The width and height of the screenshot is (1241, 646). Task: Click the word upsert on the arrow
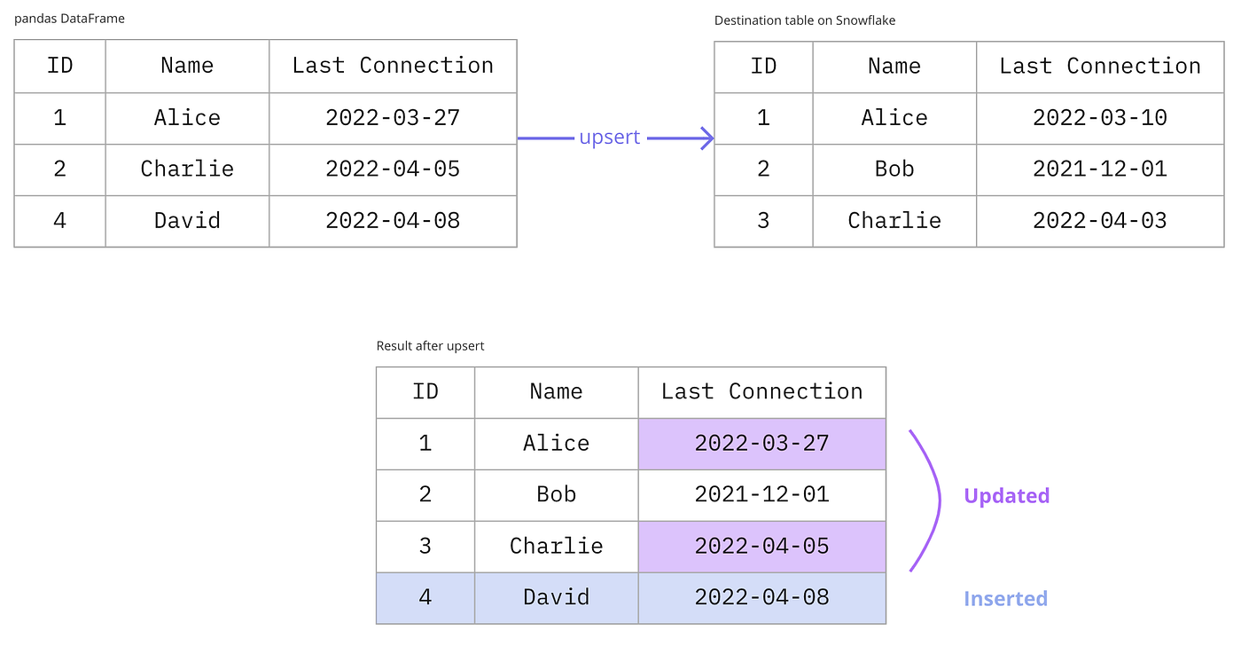tap(610, 137)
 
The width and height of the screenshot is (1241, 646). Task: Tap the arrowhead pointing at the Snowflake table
tap(707, 138)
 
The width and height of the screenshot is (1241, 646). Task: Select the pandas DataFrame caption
tap(69, 19)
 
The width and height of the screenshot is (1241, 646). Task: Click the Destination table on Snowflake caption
tap(805, 20)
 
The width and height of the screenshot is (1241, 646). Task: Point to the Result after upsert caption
tap(430, 346)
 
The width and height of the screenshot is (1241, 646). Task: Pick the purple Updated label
tap(1007, 496)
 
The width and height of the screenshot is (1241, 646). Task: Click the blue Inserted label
tap(1005, 599)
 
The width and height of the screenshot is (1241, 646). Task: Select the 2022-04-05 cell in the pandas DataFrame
tap(393, 169)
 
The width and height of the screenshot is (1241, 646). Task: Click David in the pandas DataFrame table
tap(187, 221)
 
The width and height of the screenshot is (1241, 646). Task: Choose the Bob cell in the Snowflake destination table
tap(894, 169)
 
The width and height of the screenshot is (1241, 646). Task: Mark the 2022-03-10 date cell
tap(1100, 118)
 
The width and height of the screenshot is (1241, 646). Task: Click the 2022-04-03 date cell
tap(1100, 221)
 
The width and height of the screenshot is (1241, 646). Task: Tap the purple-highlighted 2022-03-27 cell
tap(761, 444)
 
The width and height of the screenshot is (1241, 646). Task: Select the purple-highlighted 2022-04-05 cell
tap(761, 547)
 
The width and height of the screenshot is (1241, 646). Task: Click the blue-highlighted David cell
tap(557, 598)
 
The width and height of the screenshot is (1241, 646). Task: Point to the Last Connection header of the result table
tap(761, 392)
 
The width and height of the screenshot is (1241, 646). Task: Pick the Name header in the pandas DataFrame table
tap(187, 66)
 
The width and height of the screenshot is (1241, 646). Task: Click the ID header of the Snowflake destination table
tap(763, 67)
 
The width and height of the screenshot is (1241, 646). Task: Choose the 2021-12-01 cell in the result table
tap(761, 495)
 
